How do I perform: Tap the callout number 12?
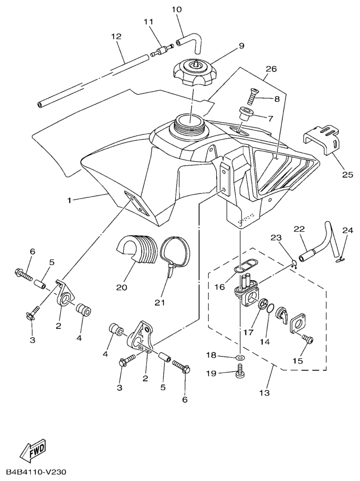116,37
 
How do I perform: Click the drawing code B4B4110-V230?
36,473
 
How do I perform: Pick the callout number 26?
271,69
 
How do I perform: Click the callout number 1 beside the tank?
69,200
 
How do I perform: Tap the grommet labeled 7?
245,114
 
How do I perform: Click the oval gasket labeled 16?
242,268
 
